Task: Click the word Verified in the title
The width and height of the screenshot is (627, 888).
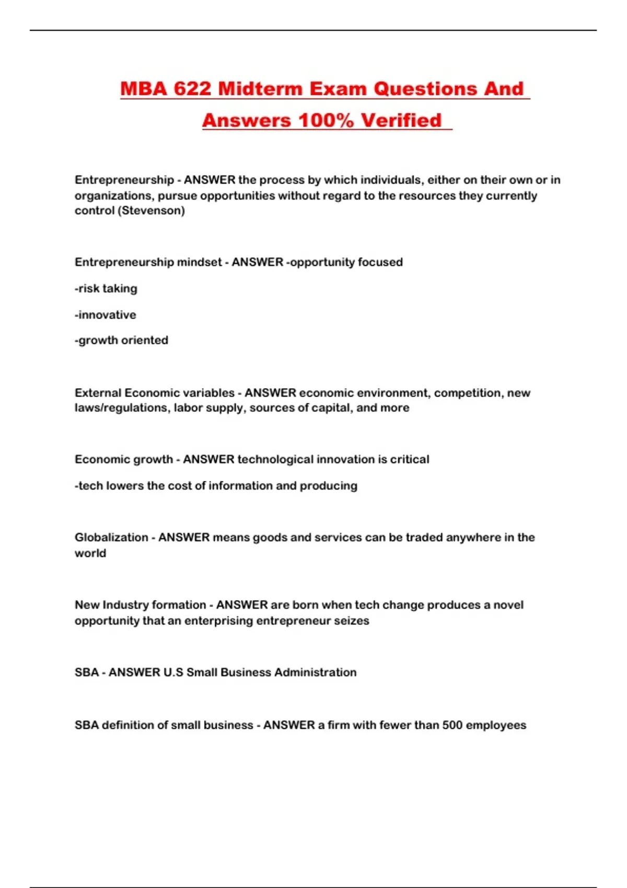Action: click(x=401, y=121)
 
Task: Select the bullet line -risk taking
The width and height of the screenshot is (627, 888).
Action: click(x=106, y=288)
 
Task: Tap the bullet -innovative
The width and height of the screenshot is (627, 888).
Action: click(x=106, y=314)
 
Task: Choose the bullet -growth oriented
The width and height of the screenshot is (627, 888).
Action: click(x=121, y=340)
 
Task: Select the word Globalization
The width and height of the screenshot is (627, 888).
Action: click(x=111, y=537)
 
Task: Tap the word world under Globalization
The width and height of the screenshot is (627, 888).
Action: click(x=90, y=553)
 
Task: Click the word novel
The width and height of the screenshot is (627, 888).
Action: click(x=508, y=604)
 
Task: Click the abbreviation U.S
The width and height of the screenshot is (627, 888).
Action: click(x=173, y=672)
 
